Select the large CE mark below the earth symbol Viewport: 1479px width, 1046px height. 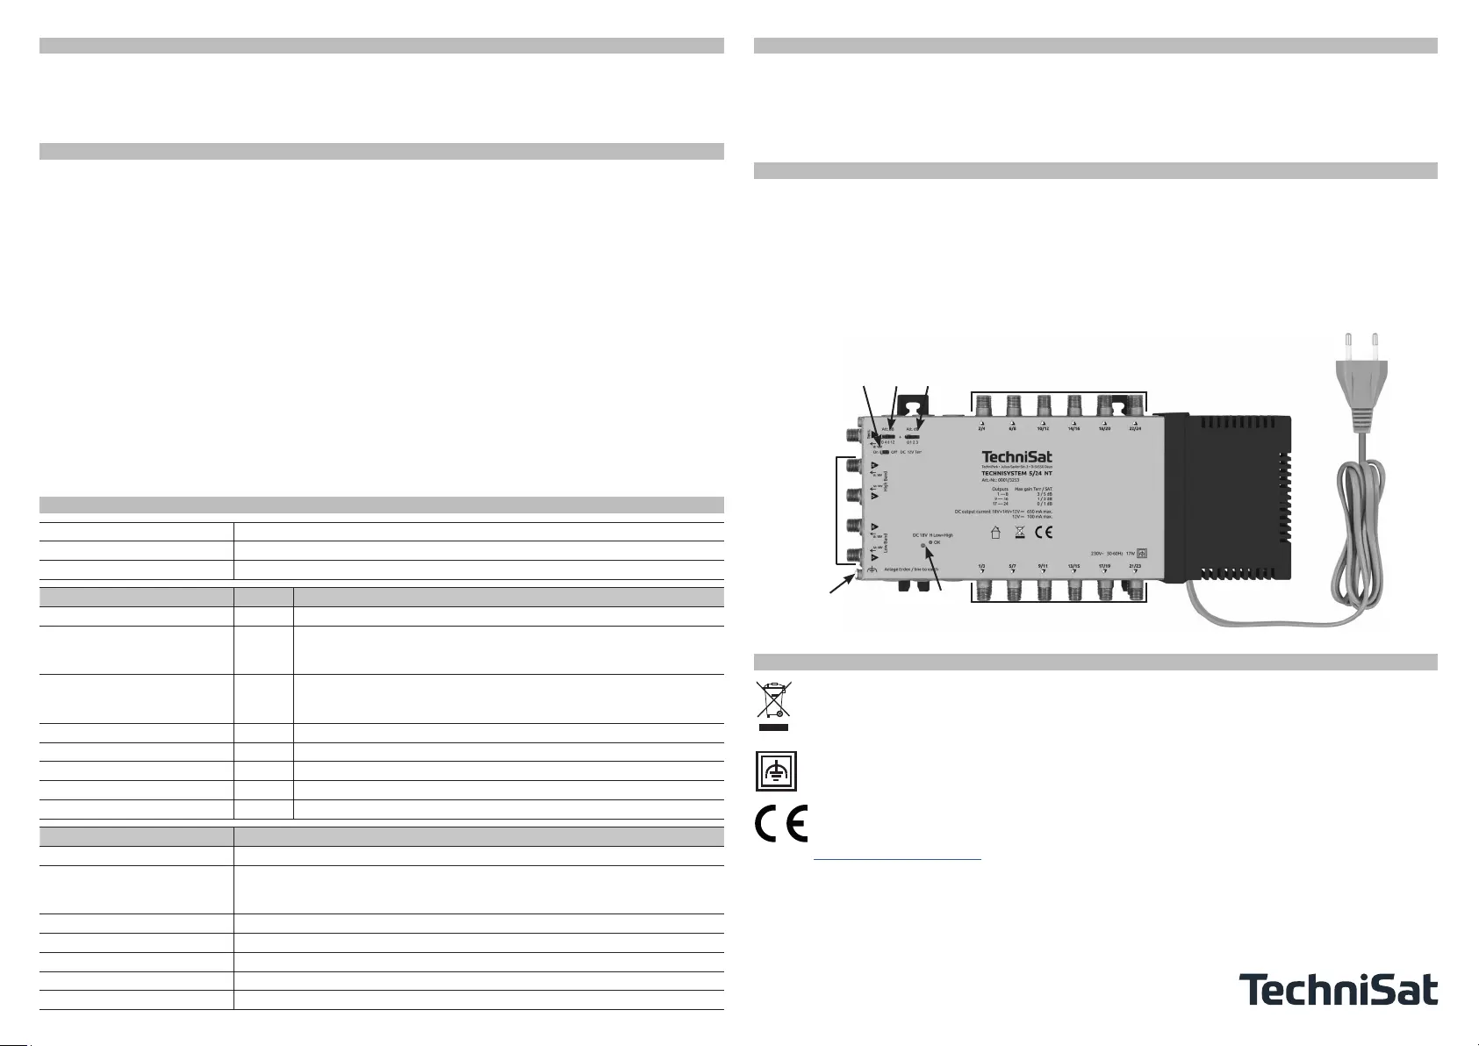(x=781, y=823)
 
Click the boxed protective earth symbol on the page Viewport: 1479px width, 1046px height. (x=776, y=771)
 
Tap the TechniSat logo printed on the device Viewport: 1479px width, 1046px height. (x=1016, y=457)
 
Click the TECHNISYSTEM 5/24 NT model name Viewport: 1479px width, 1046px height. (x=1016, y=473)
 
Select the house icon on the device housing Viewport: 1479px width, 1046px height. (x=995, y=532)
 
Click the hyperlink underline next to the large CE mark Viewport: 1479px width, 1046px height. (x=897, y=860)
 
